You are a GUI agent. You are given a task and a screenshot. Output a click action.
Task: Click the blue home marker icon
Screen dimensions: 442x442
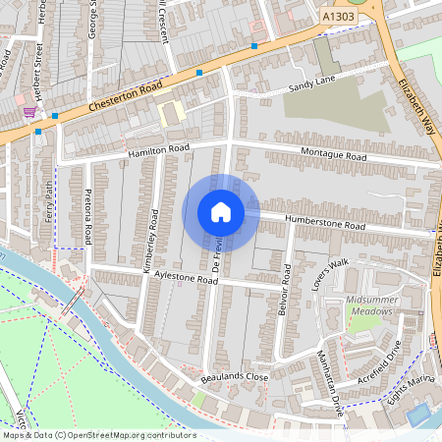coord(220,211)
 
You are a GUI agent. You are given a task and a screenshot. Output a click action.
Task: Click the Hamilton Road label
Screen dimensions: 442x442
coord(157,150)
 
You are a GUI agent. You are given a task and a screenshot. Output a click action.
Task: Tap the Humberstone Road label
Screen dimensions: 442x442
coord(324,223)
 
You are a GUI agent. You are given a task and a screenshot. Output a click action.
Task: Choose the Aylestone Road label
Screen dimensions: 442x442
coord(186,279)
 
